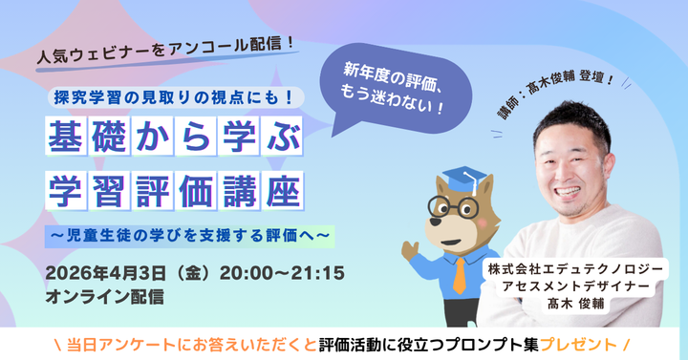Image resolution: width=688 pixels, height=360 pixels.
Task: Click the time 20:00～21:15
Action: (x=278, y=273)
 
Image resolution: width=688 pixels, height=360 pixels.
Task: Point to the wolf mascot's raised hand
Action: (x=408, y=251)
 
